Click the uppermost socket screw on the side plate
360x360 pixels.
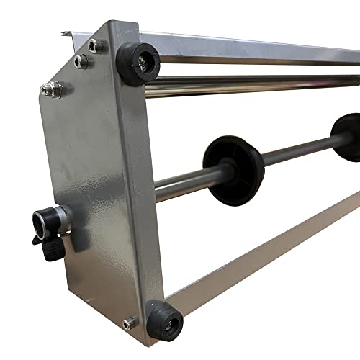pos(95,45)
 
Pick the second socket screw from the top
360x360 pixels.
pos(81,62)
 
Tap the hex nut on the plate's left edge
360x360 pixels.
pos(51,89)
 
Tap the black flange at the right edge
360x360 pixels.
pos(347,137)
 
